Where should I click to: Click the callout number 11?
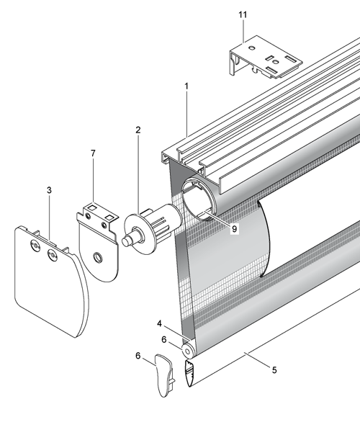click(243, 15)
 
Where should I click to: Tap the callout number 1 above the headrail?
click(186, 86)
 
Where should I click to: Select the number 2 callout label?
click(138, 130)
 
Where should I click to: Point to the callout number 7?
click(93, 153)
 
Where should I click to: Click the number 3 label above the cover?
click(49, 190)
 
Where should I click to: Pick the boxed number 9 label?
click(234, 229)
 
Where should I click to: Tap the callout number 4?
click(160, 324)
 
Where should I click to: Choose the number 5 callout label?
click(274, 370)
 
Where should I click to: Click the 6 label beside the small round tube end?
click(164, 340)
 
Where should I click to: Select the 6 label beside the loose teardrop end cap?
click(138, 356)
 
